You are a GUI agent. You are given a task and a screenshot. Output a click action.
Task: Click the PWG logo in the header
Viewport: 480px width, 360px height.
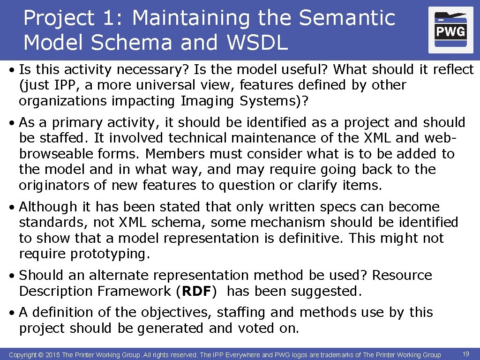tap(450, 30)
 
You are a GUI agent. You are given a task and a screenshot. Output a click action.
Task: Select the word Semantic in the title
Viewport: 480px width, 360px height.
tap(347, 18)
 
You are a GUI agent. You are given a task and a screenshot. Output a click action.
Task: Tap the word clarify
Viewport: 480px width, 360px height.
tap(315, 185)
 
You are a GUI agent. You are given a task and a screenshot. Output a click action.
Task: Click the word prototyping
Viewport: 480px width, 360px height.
tap(110, 254)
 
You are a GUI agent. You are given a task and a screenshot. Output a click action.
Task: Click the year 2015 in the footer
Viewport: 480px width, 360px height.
tap(52, 355)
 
